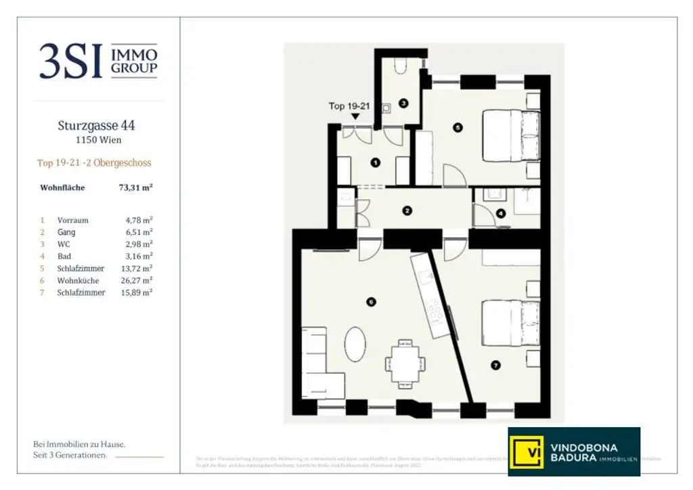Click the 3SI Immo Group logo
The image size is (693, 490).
98,60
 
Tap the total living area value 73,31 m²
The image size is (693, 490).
135,188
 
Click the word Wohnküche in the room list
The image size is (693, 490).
79,280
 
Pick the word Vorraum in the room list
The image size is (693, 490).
73,220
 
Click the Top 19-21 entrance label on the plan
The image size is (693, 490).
350,106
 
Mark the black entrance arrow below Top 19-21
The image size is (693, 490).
355,116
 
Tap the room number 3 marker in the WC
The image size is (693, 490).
403,104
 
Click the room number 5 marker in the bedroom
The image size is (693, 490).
457,127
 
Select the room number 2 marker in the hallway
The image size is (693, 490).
407,210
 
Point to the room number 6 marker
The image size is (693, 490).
370,302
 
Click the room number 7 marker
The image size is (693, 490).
495,365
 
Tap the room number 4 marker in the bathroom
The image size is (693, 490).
501,213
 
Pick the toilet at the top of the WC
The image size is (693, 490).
400,65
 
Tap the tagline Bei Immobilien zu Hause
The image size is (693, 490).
79,444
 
